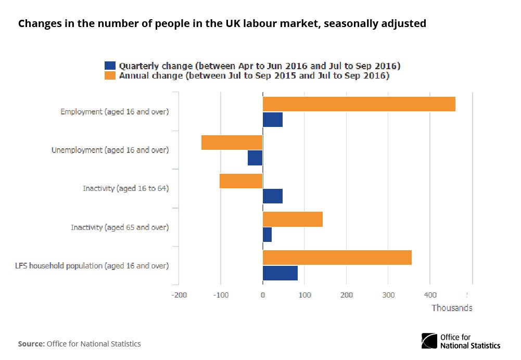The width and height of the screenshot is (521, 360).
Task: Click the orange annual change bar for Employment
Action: pyautogui.click(x=359, y=104)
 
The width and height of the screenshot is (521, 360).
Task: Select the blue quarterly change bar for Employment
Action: pyautogui.click(x=273, y=120)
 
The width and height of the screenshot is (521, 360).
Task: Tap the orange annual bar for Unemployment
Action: pyautogui.click(x=232, y=143)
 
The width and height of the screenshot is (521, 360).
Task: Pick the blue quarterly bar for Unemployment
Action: pyautogui.click(x=255, y=158)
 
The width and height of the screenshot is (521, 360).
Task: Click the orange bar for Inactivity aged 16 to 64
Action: pyautogui.click(x=241, y=181)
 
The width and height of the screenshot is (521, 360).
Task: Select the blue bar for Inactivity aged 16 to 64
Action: pyautogui.click(x=273, y=196)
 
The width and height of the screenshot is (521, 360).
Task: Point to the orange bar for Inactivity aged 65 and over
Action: pyautogui.click(x=293, y=220)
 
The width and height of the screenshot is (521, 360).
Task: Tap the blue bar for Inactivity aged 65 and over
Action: pyautogui.click(x=267, y=235)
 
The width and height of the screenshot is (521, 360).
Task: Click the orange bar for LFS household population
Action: pyautogui.click(x=337, y=258)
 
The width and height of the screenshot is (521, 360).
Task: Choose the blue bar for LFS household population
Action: pyautogui.click(x=280, y=273)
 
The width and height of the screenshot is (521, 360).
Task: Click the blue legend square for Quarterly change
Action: pyautogui.click(x=110, y=66)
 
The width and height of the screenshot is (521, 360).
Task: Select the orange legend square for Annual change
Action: pyautogui.click(x=110, y=76)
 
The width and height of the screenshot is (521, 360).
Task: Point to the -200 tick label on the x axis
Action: pyautogui.click(x=179, y=295)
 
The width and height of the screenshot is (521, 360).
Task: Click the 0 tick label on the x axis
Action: pyautogui.click(x=263, y=295)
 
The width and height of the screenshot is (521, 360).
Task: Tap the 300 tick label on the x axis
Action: pyautogui.click(x=388, y=295)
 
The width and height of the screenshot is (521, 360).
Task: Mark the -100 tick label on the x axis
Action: pyautogui.click(x=221, y=295)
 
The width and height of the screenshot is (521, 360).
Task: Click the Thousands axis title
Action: pyautogui.click(x=452, y=308)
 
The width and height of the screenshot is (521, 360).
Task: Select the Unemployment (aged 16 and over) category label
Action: pyautogui.click(x=110, y=150)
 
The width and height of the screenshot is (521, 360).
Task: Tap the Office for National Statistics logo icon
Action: pyautogui.click(x=429, y=341)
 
